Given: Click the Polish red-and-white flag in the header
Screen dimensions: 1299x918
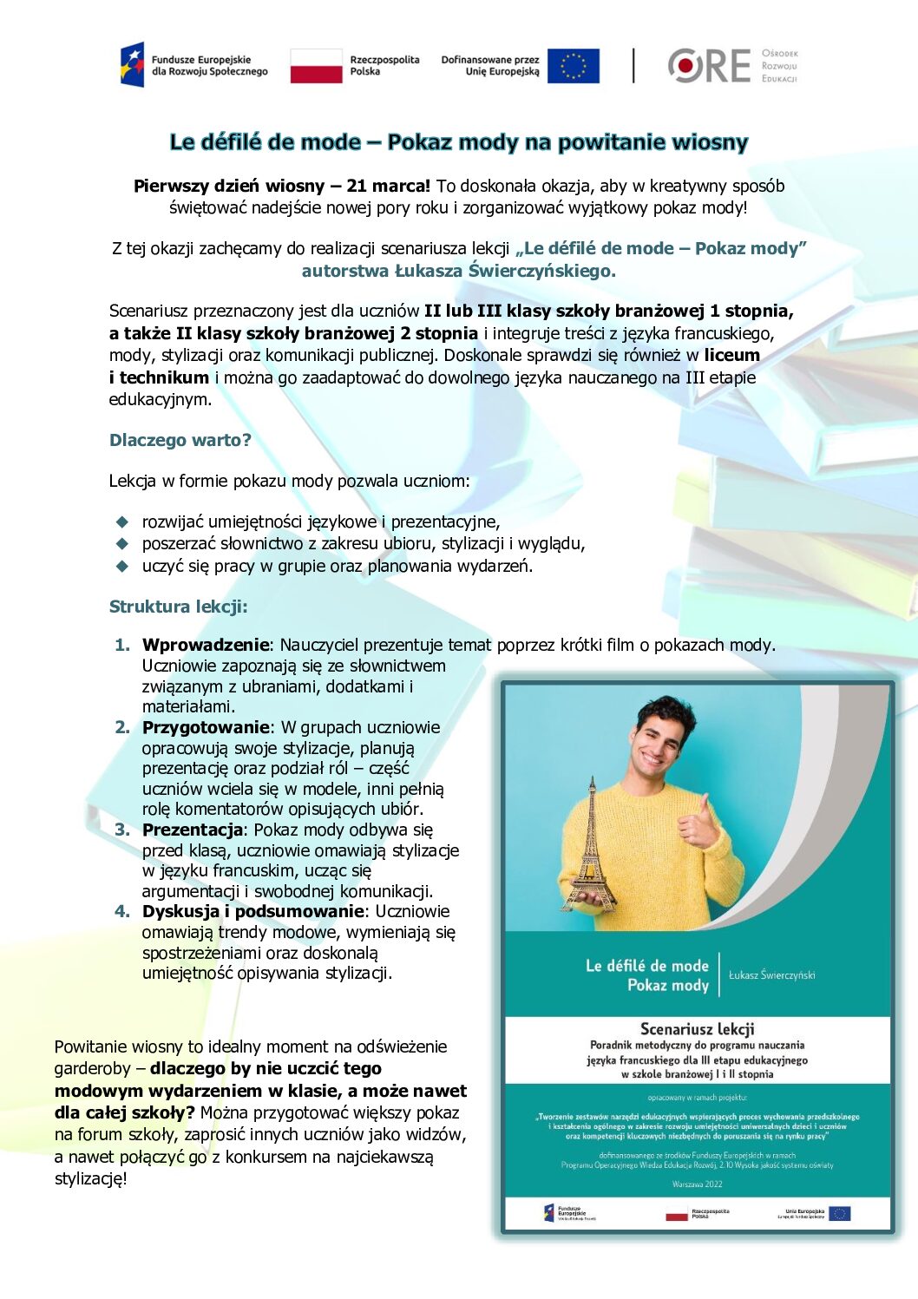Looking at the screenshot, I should tap(316, 66).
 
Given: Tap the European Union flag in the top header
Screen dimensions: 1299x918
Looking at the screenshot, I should tap(573, 66).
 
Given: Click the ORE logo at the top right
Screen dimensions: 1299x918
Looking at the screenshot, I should tap(710, 66).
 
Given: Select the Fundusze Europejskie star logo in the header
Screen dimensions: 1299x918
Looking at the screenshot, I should tap(132, 65).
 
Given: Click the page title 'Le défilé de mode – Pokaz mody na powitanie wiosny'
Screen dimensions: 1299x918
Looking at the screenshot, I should tap(458, 142).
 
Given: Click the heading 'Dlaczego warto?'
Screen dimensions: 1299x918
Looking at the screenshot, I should tap(180, 440).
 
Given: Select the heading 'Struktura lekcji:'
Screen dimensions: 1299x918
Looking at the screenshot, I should tap(178, 607).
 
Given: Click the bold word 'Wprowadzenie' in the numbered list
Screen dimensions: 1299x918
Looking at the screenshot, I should tap(206, 645).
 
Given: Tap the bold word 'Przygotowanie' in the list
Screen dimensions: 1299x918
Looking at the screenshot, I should tap(206, 727).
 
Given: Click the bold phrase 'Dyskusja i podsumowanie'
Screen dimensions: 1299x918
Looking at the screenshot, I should tap(252, 911).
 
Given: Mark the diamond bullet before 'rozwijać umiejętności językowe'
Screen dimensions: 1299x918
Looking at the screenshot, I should tap(122, 522).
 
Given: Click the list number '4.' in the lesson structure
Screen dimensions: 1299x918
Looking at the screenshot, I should tap(122, 911).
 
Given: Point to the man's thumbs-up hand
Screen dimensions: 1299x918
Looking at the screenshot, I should tap(698, 824).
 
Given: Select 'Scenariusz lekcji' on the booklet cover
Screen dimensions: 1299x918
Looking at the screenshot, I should tap(697, 1029).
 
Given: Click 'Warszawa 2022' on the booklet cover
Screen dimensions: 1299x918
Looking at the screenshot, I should tap(697, 1184).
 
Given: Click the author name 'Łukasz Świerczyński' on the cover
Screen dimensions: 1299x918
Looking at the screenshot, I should tap(771, 975).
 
